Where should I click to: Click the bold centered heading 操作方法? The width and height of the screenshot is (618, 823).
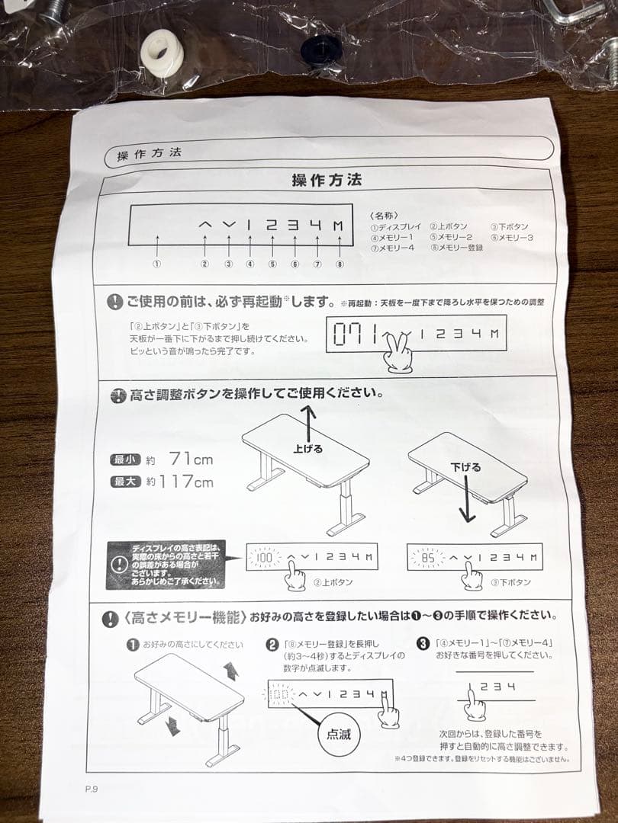pos(327,181)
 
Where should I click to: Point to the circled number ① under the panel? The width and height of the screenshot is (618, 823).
pos(156,264)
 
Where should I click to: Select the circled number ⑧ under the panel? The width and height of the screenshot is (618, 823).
pos(340,264)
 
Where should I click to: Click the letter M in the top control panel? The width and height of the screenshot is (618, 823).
pos(338,226)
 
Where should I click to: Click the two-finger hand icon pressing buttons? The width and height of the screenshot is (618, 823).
pos(398,351)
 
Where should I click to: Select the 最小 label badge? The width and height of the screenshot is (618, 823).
pos(125,460)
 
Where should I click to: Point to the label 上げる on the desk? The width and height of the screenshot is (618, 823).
pos(307,449)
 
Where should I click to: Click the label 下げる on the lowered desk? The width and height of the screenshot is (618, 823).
pos(465,467)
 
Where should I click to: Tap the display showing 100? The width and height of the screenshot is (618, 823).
pos(265,558)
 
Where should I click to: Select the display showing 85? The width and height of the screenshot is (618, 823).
pos(426,558)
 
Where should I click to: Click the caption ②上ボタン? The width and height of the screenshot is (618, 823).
pos(333,582)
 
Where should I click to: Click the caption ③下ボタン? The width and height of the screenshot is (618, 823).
pos(510,582)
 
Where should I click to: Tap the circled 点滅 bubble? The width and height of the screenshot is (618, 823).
pos(339,733)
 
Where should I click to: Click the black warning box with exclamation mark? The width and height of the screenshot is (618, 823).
pos(166,564)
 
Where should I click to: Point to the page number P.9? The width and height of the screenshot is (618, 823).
pos(92,789)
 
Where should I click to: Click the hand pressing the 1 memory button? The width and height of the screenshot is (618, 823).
pos(475,702)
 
